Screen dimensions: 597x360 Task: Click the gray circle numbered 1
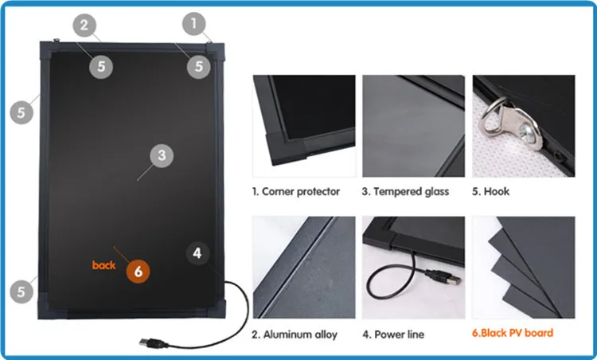(x=193, y=24)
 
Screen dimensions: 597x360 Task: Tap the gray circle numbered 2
(x=84, y=25)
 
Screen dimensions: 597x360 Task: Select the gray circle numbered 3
(x=162, y=155)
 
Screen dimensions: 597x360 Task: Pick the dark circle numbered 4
(x=197, y=253)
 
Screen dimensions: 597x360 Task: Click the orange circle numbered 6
(x=138, y=272)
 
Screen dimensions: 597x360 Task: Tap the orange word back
(x=103, y=265)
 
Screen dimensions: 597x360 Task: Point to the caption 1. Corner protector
(x=296, y=191)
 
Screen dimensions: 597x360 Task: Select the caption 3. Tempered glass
(x=405, y=191)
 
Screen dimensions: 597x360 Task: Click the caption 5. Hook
(x=491, y=191)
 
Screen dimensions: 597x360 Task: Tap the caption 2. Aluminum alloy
(x=295, y=335)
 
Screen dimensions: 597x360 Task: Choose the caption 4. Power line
(x=393, y=335)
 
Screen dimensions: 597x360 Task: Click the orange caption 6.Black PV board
(x=513, y=333)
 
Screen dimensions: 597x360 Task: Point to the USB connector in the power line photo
(x=444, y=277)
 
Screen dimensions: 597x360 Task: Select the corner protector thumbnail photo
(x=304, y=126)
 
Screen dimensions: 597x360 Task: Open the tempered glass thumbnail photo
(x=413, y=126)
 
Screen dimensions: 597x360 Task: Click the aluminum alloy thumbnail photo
(x=304, y=268)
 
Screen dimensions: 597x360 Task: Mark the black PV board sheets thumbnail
(x=524, y=268)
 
